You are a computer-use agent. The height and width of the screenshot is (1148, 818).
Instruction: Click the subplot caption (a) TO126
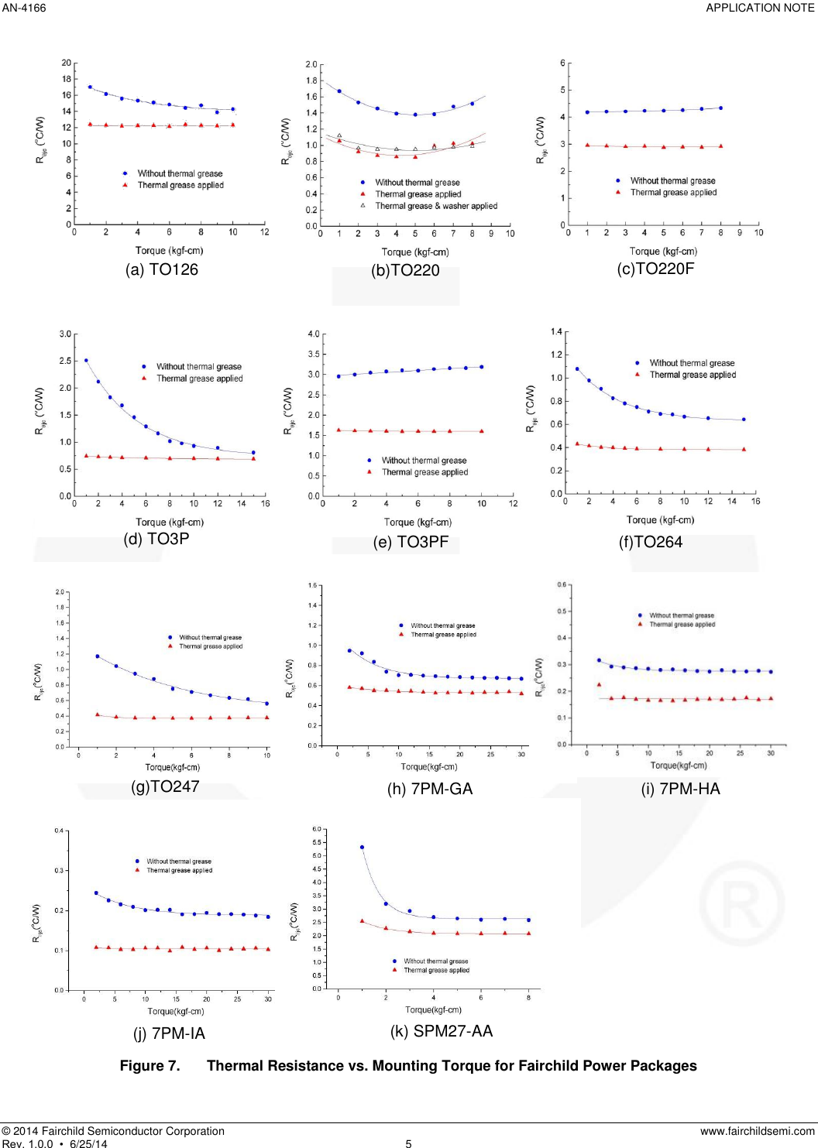click(162, 269)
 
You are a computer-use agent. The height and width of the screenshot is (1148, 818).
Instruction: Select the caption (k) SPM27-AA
click(442, 1031)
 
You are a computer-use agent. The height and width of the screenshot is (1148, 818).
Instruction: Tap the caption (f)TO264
click(651, 542)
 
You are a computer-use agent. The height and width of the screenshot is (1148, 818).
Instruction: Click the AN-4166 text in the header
click(24, 8)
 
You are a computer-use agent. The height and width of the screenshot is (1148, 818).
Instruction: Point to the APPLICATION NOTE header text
click(760, 8)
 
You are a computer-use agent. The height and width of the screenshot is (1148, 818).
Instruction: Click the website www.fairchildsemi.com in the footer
click(757, 1131)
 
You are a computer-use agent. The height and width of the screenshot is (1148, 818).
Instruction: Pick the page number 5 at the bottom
click(408, 1143)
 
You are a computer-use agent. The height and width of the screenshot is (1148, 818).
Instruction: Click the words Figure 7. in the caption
click(150, 1066)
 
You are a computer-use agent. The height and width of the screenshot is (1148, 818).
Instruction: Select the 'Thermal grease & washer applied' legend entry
click(436, 206)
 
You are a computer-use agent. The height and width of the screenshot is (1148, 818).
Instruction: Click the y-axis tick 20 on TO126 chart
click(67, 63)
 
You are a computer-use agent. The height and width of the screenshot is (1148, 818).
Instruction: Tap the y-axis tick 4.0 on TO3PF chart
click(314, 334)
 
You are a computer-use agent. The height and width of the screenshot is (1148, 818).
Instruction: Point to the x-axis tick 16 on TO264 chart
click(755, 502)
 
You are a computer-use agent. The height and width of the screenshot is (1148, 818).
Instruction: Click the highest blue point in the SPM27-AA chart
click(362, 847)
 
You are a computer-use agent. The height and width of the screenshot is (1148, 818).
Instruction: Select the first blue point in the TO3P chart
click(86, 361)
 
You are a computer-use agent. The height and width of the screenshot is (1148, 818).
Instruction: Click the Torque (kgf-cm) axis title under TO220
click(415, 252)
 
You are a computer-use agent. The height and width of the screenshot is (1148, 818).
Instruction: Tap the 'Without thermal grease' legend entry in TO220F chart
click(672, 181)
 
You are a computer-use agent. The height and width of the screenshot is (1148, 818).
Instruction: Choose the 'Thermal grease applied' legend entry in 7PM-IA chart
click(179, 871)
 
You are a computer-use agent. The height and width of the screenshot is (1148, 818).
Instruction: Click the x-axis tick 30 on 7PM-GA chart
click(521, 754)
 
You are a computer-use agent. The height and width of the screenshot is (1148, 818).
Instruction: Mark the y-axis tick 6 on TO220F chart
click(563, 63)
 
